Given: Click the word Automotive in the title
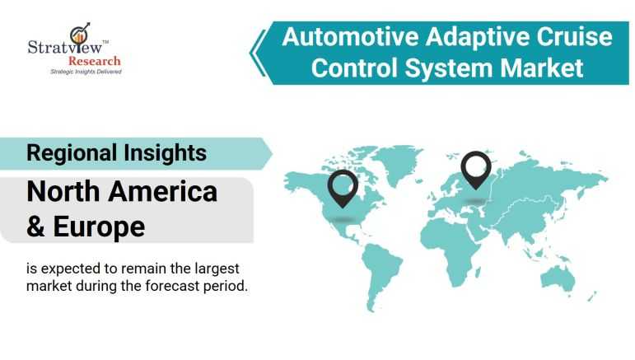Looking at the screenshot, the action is (x=350, y=37).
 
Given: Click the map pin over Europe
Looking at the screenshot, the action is (x=476, y=170).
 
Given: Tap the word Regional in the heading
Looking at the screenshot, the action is (x=72, y=154).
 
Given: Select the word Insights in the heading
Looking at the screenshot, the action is (x=166, y=153).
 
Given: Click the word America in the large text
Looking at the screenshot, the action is (x=163, y=192).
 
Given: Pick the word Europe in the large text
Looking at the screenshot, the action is (x=99, y=227).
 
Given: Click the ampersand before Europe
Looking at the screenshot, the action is (x=35, y=227).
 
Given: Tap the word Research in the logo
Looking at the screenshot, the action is (x=95, y=61).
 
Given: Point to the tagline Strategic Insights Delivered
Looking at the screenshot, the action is (x=86, y=72).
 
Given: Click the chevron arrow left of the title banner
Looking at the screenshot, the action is (x=258, y=53).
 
